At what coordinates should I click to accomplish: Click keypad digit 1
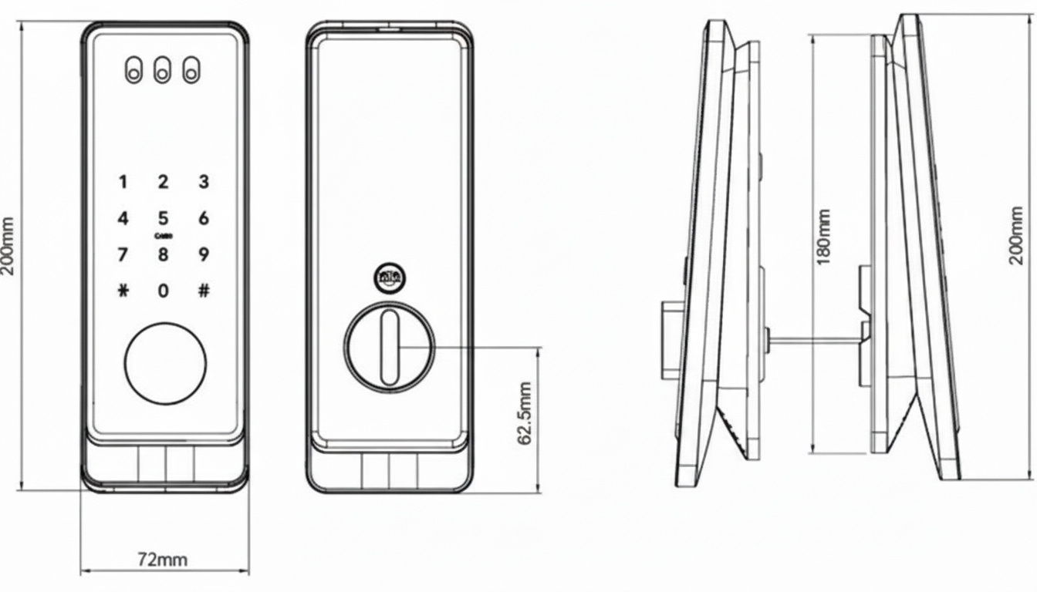[123, 183]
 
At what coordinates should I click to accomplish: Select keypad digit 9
[204, 254]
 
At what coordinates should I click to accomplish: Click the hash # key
[204, 291]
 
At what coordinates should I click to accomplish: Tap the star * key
[123, 291]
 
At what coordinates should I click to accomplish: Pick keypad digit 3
[204, 183]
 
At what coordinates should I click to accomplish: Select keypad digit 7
[123, 254]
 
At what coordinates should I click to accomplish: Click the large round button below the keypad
[165, 362]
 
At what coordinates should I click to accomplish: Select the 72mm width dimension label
[162, 560]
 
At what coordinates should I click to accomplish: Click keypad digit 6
[204, 218]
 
